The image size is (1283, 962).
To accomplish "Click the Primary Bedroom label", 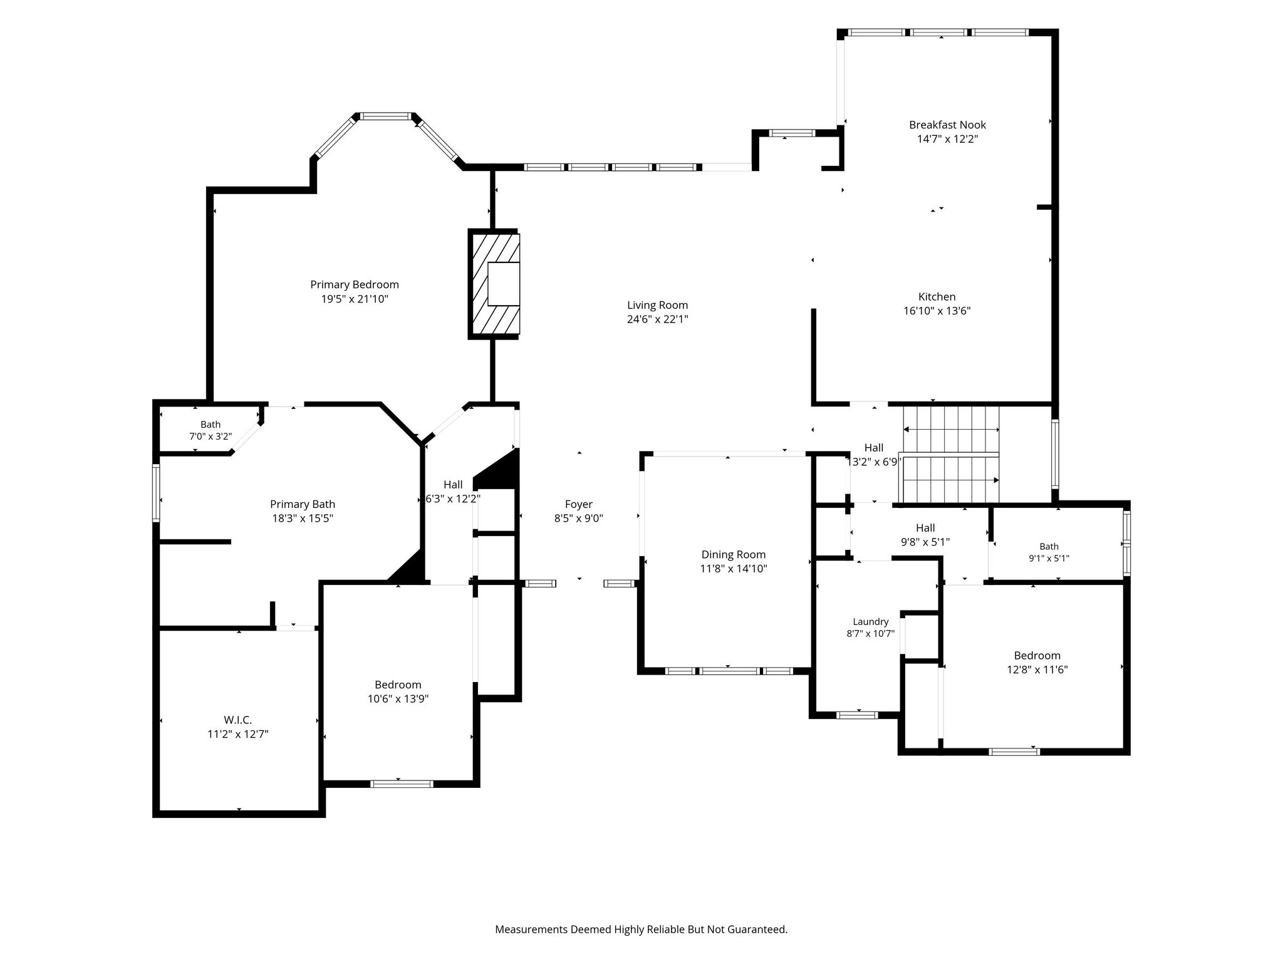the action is [355, 284].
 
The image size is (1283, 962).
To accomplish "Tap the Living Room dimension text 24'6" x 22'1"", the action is [657, 319].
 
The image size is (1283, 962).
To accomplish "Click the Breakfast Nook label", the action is [947, 125].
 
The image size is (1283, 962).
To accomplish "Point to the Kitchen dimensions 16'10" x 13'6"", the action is [937, 311].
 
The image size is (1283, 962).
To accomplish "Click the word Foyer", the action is [579, 504].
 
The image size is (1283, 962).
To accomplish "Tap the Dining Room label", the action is [734, 554].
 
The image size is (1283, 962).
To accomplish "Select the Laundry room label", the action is [871, 621].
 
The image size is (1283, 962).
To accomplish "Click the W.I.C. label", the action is [238, 720].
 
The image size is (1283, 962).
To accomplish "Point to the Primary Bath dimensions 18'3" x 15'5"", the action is [303, 518].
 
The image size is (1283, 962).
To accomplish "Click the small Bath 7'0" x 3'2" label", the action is [210, 430].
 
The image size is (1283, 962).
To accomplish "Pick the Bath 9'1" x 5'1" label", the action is [1049, 552].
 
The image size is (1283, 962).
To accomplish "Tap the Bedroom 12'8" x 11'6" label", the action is [1037, 662].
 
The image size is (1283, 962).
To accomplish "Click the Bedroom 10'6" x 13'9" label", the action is [398, 691].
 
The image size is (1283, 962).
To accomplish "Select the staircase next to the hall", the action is [950, 454].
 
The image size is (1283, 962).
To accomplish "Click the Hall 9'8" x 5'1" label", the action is [925, 535].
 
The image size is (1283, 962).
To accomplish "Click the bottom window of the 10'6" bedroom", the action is [402, 784].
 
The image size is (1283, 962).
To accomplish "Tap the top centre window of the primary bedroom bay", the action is [385, 116].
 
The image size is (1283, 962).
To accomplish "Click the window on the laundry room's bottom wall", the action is [858, 715].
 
